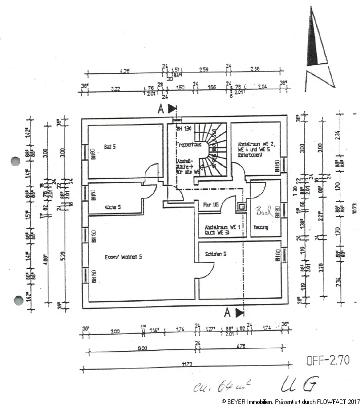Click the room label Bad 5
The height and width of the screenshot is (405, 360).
110,147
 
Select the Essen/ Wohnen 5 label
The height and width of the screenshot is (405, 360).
124,257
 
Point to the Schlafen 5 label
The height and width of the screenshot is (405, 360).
216,254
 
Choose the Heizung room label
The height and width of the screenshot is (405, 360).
261,227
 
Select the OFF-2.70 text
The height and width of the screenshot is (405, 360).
328,361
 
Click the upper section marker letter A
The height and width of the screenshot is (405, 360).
161,108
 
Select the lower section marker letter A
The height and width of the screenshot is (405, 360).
228,311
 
